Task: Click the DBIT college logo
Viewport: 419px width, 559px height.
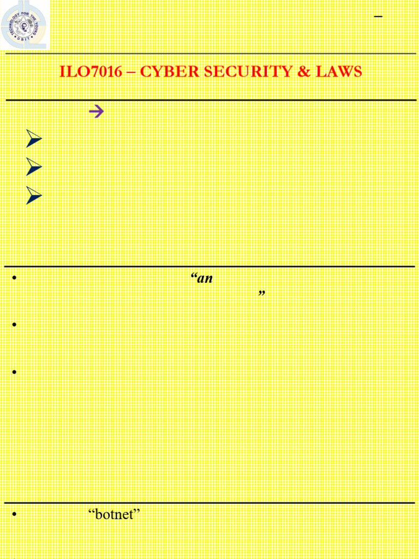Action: pos(25,24)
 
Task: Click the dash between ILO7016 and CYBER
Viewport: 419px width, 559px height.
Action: pos(131,72)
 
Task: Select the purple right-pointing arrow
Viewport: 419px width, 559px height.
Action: pos(96,112)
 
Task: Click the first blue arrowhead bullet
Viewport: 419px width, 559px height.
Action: pos(34,140)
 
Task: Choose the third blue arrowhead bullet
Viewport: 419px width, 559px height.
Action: pos(34,195)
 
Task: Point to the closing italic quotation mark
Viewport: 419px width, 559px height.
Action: pos(261,294)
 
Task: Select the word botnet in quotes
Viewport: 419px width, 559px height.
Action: pos(115,515)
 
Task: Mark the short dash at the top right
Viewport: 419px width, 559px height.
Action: pos(378,17)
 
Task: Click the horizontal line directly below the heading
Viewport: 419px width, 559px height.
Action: pos(211,100)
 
